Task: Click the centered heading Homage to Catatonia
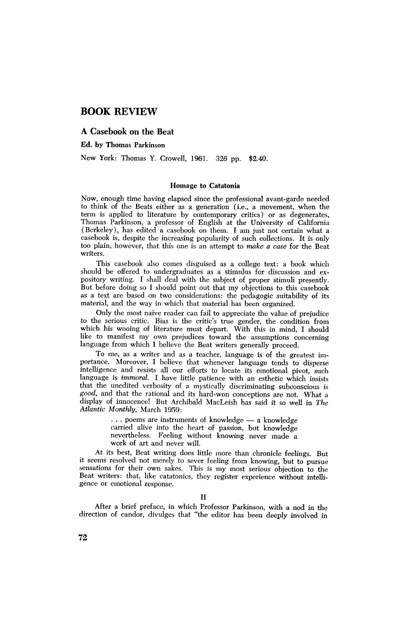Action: pyautogui.click(x=205, y=186)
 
